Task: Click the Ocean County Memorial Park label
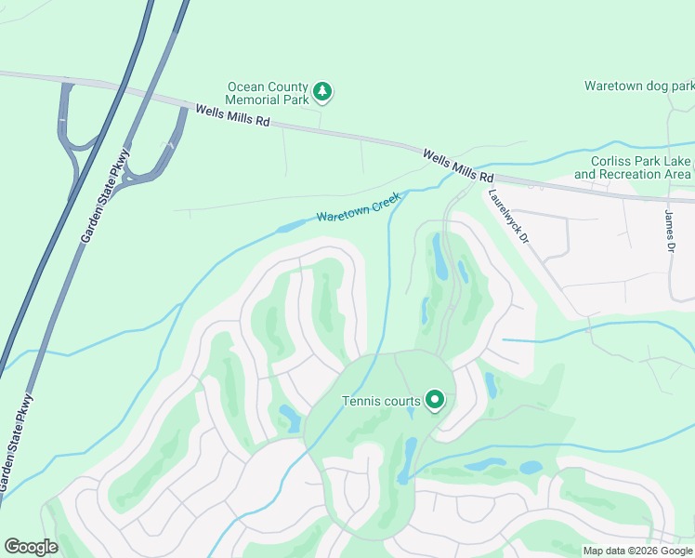pyautogui.click(x=268, y=92)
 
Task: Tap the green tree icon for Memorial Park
pyautogui.click(x=322, y=91)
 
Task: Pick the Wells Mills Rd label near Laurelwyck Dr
pyautogui.click(x=458, y=166)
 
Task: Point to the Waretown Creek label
pyautogui.click(x=358, y=207)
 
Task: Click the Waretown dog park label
pyautogui.click(x=638, y=86)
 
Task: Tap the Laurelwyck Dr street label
pyautogui.click(x=508, y=217)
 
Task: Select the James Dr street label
pyautogui.click(x=669, y=229)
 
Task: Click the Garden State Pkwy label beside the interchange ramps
pyautogui.click(x=105, y=196)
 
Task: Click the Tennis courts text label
pyautogui.click(x=382, y=401)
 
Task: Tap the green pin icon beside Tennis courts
pyautogui.click(x=434, y=401)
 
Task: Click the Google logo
pyautogui.click(x=31, y=547)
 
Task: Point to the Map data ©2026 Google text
pyautogui.click(x=638, y=551)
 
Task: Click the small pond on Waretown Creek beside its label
pyautogui.click(x=291, y=226)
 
